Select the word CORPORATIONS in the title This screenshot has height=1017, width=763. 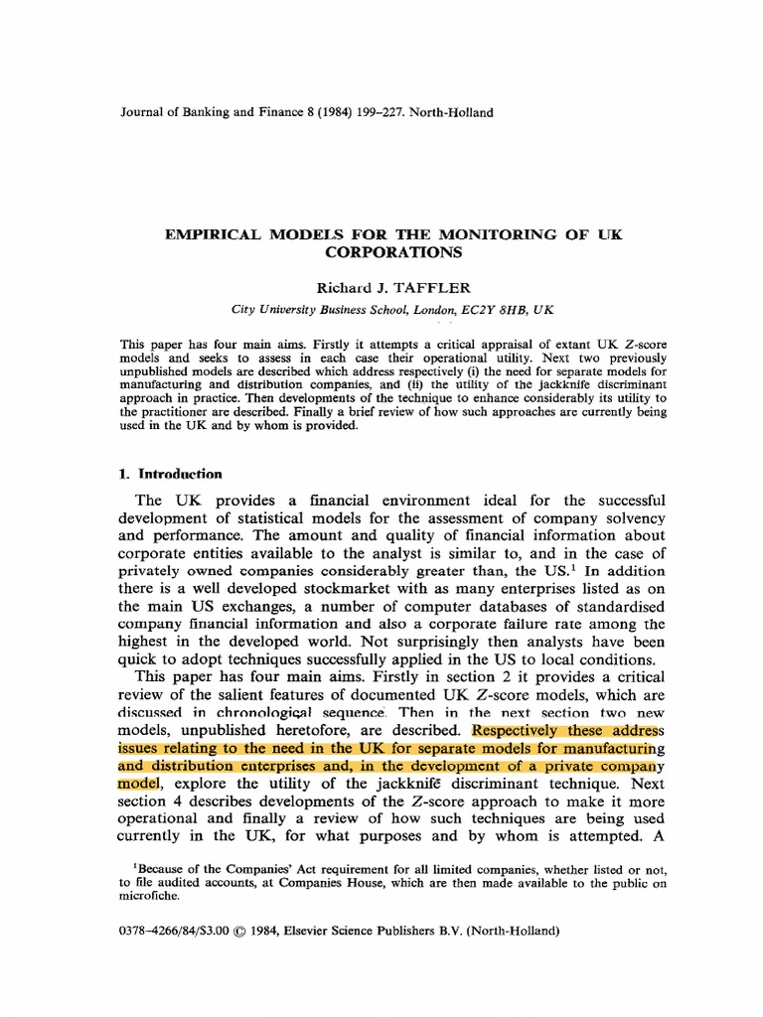pyautogui.click(x=381, y=252)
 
